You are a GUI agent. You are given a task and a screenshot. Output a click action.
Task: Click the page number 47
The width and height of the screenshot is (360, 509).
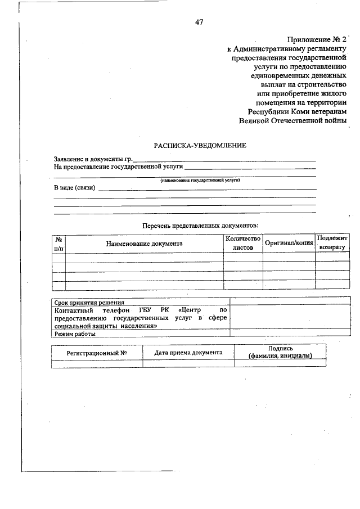[x=199, y=22]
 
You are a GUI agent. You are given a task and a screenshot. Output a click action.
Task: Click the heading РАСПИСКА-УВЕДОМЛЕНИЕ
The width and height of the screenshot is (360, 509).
[x=200, y=146]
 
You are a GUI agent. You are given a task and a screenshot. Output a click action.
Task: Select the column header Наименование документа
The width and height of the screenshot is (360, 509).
[x=145, y=244]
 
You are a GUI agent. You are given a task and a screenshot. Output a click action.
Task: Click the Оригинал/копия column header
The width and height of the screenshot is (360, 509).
[x=289, y=244]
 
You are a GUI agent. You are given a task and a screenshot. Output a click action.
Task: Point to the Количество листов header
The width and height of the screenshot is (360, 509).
[x=242, y=243]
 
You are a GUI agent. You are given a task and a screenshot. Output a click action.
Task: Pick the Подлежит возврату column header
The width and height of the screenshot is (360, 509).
[x=332, y=242]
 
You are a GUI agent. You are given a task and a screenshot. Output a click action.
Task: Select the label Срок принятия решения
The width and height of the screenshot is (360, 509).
[x=89, y=302]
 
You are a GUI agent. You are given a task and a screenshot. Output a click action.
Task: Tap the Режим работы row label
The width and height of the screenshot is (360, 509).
[x=75, y=334]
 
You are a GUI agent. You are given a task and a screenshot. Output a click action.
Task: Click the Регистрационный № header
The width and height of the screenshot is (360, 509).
[x=96, y=353]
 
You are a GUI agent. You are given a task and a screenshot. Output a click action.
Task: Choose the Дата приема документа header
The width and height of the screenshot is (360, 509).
[x=188, y=353]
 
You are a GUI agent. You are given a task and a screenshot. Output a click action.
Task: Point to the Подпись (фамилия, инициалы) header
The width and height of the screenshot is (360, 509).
[x=280, y=353]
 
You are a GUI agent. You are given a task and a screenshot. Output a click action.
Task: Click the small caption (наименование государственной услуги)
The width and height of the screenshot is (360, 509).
[x=200, y=180]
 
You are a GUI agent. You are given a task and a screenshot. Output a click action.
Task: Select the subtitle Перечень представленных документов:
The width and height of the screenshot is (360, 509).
[x=200, y=225]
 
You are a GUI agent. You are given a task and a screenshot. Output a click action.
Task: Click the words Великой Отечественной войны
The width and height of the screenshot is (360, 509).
[x=292, y=120]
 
